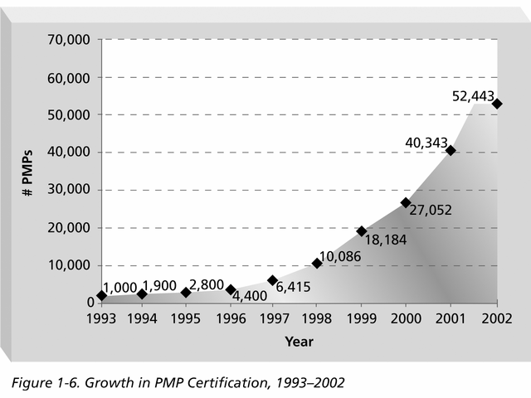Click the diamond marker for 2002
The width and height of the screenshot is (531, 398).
496,104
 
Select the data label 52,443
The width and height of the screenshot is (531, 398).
477,96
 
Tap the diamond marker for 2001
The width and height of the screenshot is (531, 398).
451,150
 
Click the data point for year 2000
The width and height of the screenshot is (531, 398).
406,202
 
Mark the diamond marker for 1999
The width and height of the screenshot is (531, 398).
362,231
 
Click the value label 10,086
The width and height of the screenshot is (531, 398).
340,255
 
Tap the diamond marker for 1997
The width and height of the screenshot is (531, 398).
272,280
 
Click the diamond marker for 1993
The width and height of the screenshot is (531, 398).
101,295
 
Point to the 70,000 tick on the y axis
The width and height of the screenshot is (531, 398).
73,40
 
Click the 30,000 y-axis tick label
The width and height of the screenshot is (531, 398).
73,190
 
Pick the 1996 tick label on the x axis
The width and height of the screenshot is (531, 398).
231,319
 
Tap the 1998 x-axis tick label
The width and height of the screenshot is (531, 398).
317,319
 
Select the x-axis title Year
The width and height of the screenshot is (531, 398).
299,341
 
